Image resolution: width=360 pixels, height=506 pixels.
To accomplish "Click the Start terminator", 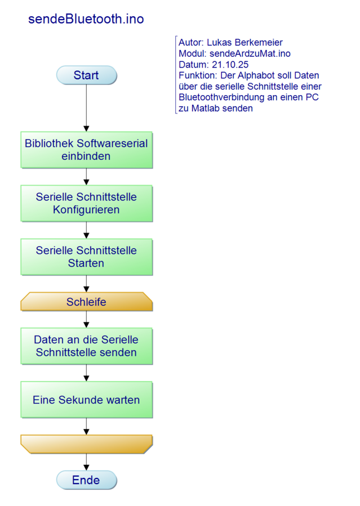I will (x=86, y=75).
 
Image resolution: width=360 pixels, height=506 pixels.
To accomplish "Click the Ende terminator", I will (x=86, y=480).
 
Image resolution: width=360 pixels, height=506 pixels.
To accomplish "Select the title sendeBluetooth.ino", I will (x=86, y=19).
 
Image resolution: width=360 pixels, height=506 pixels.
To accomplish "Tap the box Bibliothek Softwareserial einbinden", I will (x=86, y=150).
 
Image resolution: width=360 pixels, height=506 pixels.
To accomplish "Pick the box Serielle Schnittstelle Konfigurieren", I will (x=86, y=203).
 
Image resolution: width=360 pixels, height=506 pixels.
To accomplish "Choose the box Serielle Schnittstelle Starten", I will (x=86, y=257).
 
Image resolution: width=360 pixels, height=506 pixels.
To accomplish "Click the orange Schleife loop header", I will (x=86, y=302).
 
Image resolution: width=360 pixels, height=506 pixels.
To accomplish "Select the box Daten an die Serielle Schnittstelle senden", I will (x=86, y=346).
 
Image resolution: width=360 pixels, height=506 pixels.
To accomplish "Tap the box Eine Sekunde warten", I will (x=86, y=400).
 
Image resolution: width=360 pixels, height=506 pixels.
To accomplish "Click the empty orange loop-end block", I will (x=86, y=444).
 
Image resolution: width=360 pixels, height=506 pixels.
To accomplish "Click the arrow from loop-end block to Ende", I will (x=86, y=462).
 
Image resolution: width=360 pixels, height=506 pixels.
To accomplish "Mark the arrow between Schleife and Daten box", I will (x=86, y=319).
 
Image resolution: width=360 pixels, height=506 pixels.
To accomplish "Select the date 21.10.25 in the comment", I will (x=230, y=65).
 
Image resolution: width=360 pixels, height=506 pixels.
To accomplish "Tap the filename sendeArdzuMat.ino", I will (x=250, y=53).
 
